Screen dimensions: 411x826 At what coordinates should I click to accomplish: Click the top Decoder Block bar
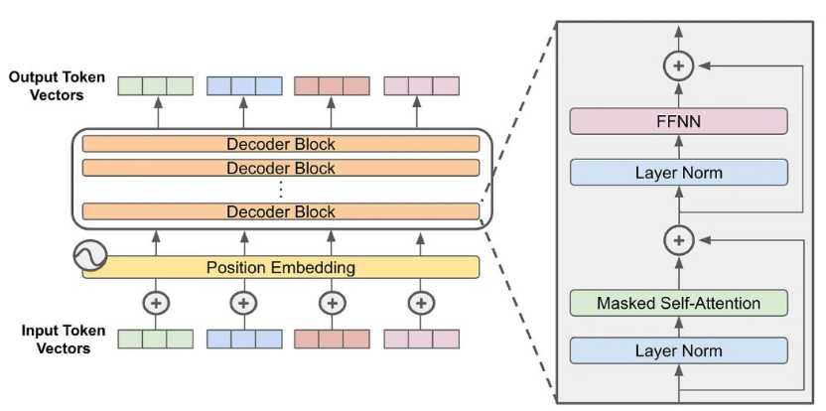(281, 144)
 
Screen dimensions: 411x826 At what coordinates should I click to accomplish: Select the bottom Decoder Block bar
(281, 211)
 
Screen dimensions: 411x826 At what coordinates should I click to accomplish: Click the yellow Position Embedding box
(281, 267)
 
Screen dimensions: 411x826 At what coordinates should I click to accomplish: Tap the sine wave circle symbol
(89, 257)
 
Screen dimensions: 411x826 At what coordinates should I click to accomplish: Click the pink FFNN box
(679, 122)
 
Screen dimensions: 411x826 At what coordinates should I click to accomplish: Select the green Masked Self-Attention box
(679, 303)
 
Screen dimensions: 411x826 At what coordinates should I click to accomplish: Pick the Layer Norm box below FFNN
(679, 173)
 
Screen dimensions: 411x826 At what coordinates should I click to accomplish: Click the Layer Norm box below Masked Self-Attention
(679, 350)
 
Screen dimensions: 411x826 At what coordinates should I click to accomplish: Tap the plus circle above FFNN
(679, 66)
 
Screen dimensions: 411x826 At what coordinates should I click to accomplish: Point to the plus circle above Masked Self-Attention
(679, 240)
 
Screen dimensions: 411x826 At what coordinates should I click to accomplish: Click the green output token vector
(155, 85)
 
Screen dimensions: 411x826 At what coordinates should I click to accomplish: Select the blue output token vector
(244, 85)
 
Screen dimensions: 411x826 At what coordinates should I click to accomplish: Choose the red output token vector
(333, 85)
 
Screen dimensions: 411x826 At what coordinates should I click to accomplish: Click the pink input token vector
(421, 339)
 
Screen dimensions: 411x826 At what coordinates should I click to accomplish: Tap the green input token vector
(155, 339)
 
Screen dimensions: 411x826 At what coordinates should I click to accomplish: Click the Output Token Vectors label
(57, 86)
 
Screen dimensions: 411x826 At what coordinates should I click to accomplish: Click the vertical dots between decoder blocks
(281, 189)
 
